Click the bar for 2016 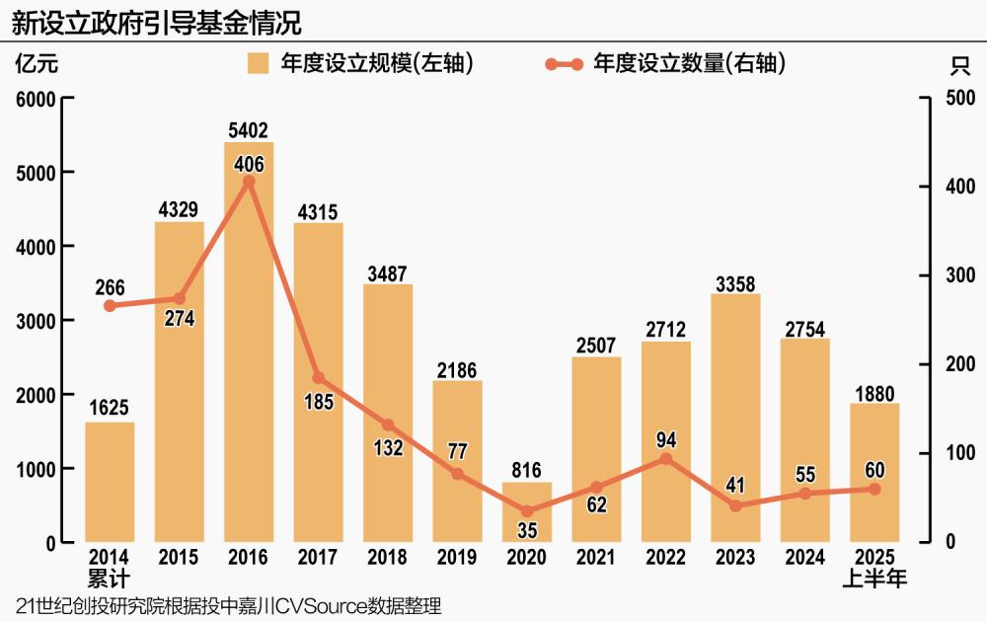249,342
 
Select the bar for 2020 527,511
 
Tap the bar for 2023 735,418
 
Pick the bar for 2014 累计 110,482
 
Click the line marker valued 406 249,181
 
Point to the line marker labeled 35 527,511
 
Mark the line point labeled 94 666,458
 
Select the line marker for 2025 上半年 874,489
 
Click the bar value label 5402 249,130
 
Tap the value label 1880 874,392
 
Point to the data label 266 111,287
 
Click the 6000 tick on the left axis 37,99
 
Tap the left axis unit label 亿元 37,65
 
